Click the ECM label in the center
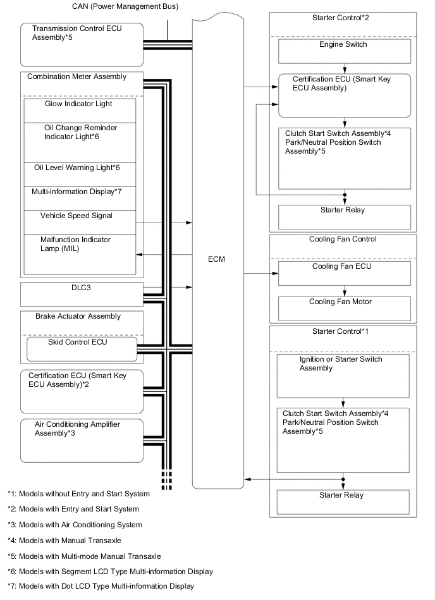(x=216, y=260)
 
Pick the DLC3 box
(x=82, y=293)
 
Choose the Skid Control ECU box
(x=82, y=348)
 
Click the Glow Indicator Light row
(x=80, y=110)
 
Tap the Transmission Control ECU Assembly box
(x=82, y=44)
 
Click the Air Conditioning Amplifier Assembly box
(x=82, y=439)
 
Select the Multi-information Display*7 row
(x=80, y=197)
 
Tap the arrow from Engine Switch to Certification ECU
(x=344, y=68)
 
